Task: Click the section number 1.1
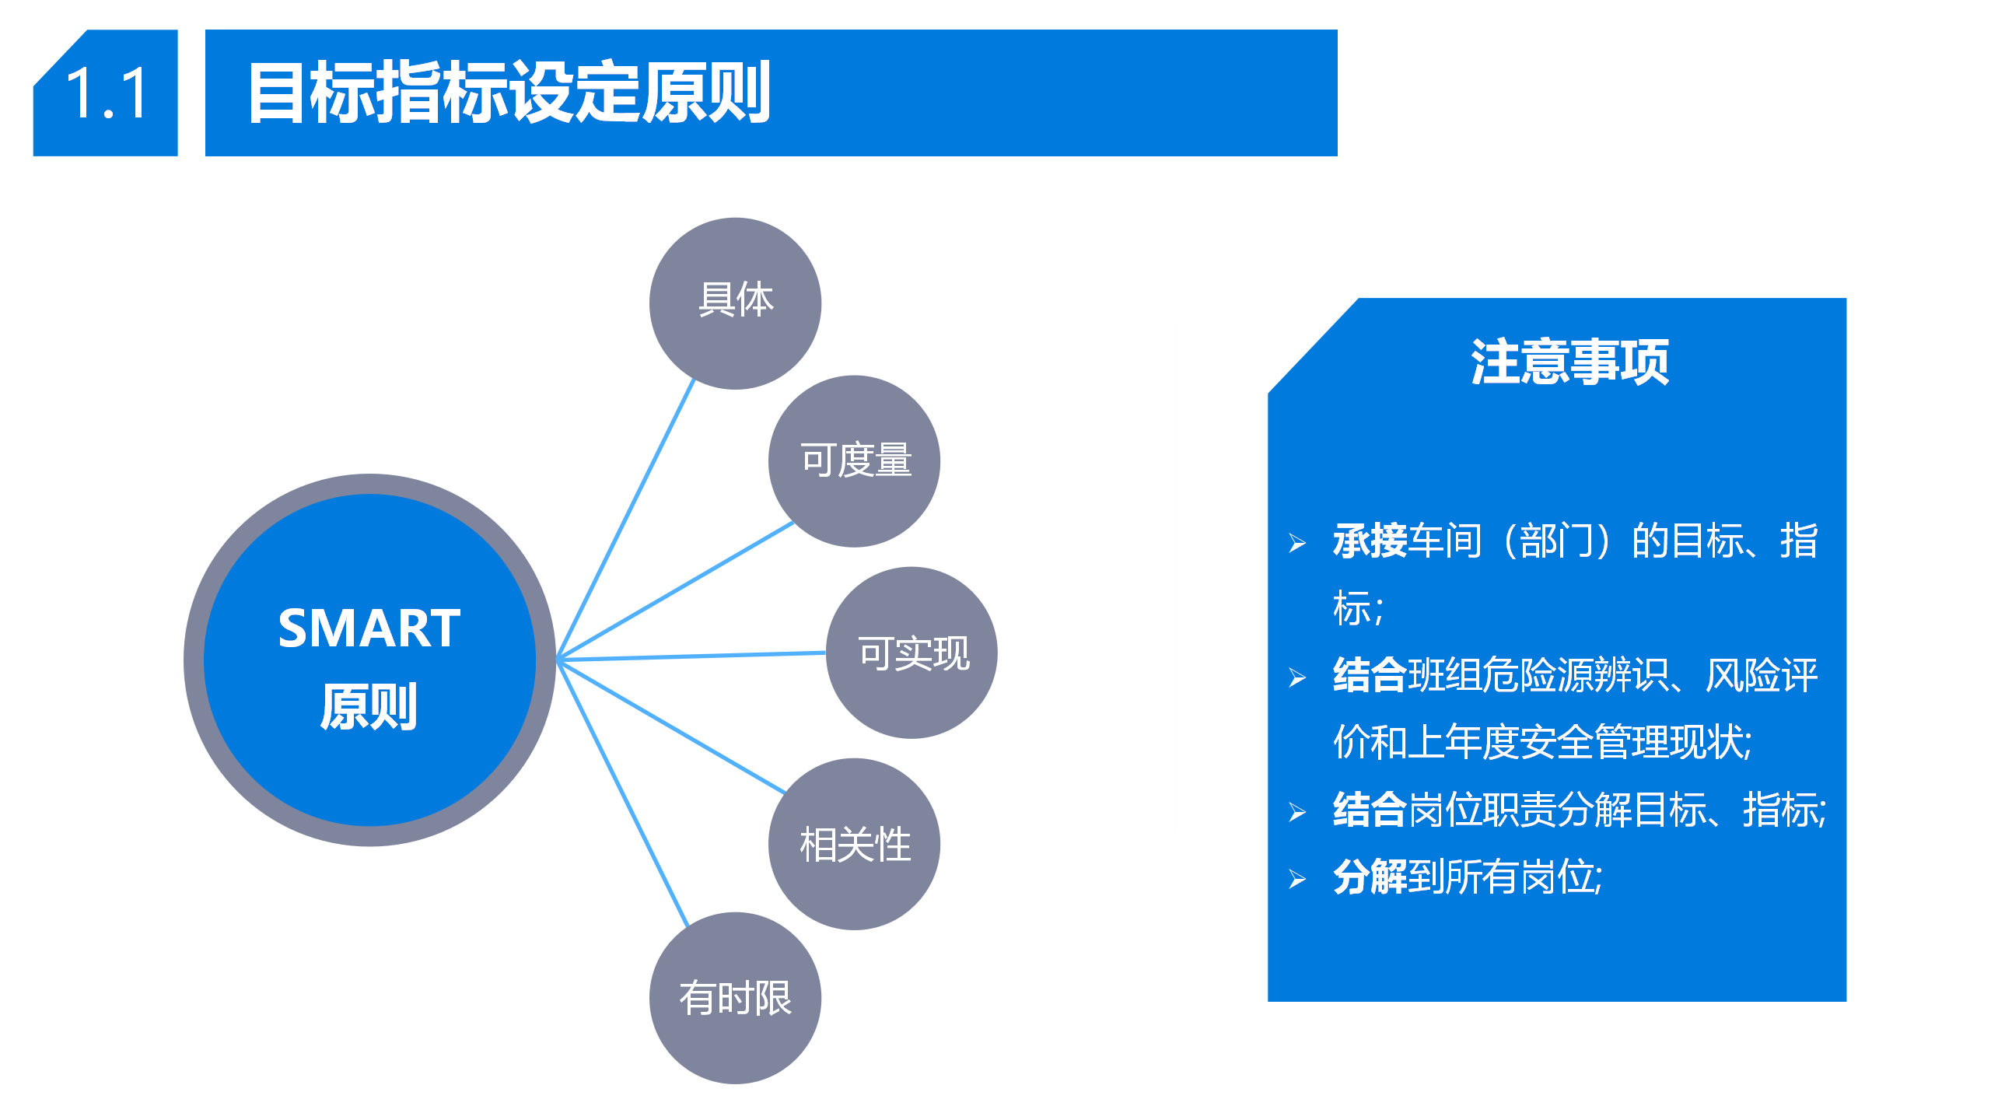click(107, 93)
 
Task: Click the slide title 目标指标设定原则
click(509, 93)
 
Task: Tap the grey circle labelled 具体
click(735, 303)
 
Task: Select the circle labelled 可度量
click(854, 461)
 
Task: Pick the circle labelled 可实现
click(912, 653)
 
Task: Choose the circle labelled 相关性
click(854, 844)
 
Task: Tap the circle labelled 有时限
click(735, 998)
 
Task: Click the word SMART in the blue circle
click(369, 628)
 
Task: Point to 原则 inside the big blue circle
click(369, 707)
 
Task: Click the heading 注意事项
click(1569, 362)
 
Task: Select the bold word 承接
click(1370, 541)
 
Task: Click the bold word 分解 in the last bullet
click(1370, 877)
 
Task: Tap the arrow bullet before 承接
click(1296, 543)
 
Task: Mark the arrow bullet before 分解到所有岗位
click(1296, 879)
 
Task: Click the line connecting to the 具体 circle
click(625, 520)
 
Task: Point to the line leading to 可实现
click(691, 656)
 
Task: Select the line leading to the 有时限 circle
click(623, 793)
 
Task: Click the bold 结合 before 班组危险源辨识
click(1370, 675)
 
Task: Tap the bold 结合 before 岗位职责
click(1370, 810)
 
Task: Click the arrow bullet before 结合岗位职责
click(1296, 812)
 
